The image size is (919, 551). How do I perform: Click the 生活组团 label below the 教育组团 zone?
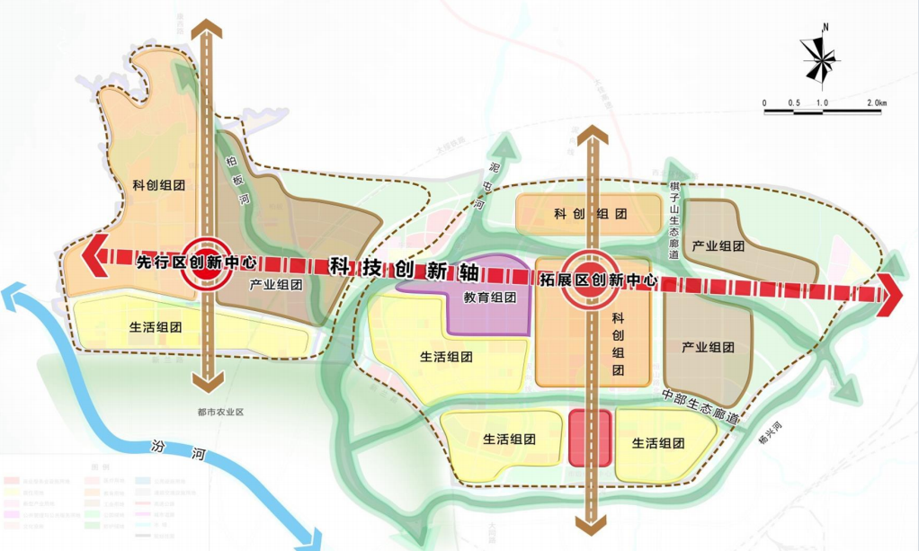coord(446,357)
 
